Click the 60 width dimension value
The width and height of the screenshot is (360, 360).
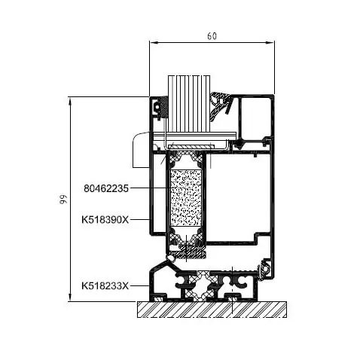(212, 36)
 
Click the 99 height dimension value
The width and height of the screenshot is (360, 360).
(63, 199)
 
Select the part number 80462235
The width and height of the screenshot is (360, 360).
(106, 188)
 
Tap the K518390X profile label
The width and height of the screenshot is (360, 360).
(105, 220)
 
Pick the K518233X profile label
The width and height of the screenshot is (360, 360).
(105, 285)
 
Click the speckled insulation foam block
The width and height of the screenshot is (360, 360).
(186, 198)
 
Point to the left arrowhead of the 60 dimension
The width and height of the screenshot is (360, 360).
(153, 43)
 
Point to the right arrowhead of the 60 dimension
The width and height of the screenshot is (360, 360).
(270, 43)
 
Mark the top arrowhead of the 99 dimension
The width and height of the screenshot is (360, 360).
(70, 101)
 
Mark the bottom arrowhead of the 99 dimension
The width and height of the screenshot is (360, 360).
(70, 297)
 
